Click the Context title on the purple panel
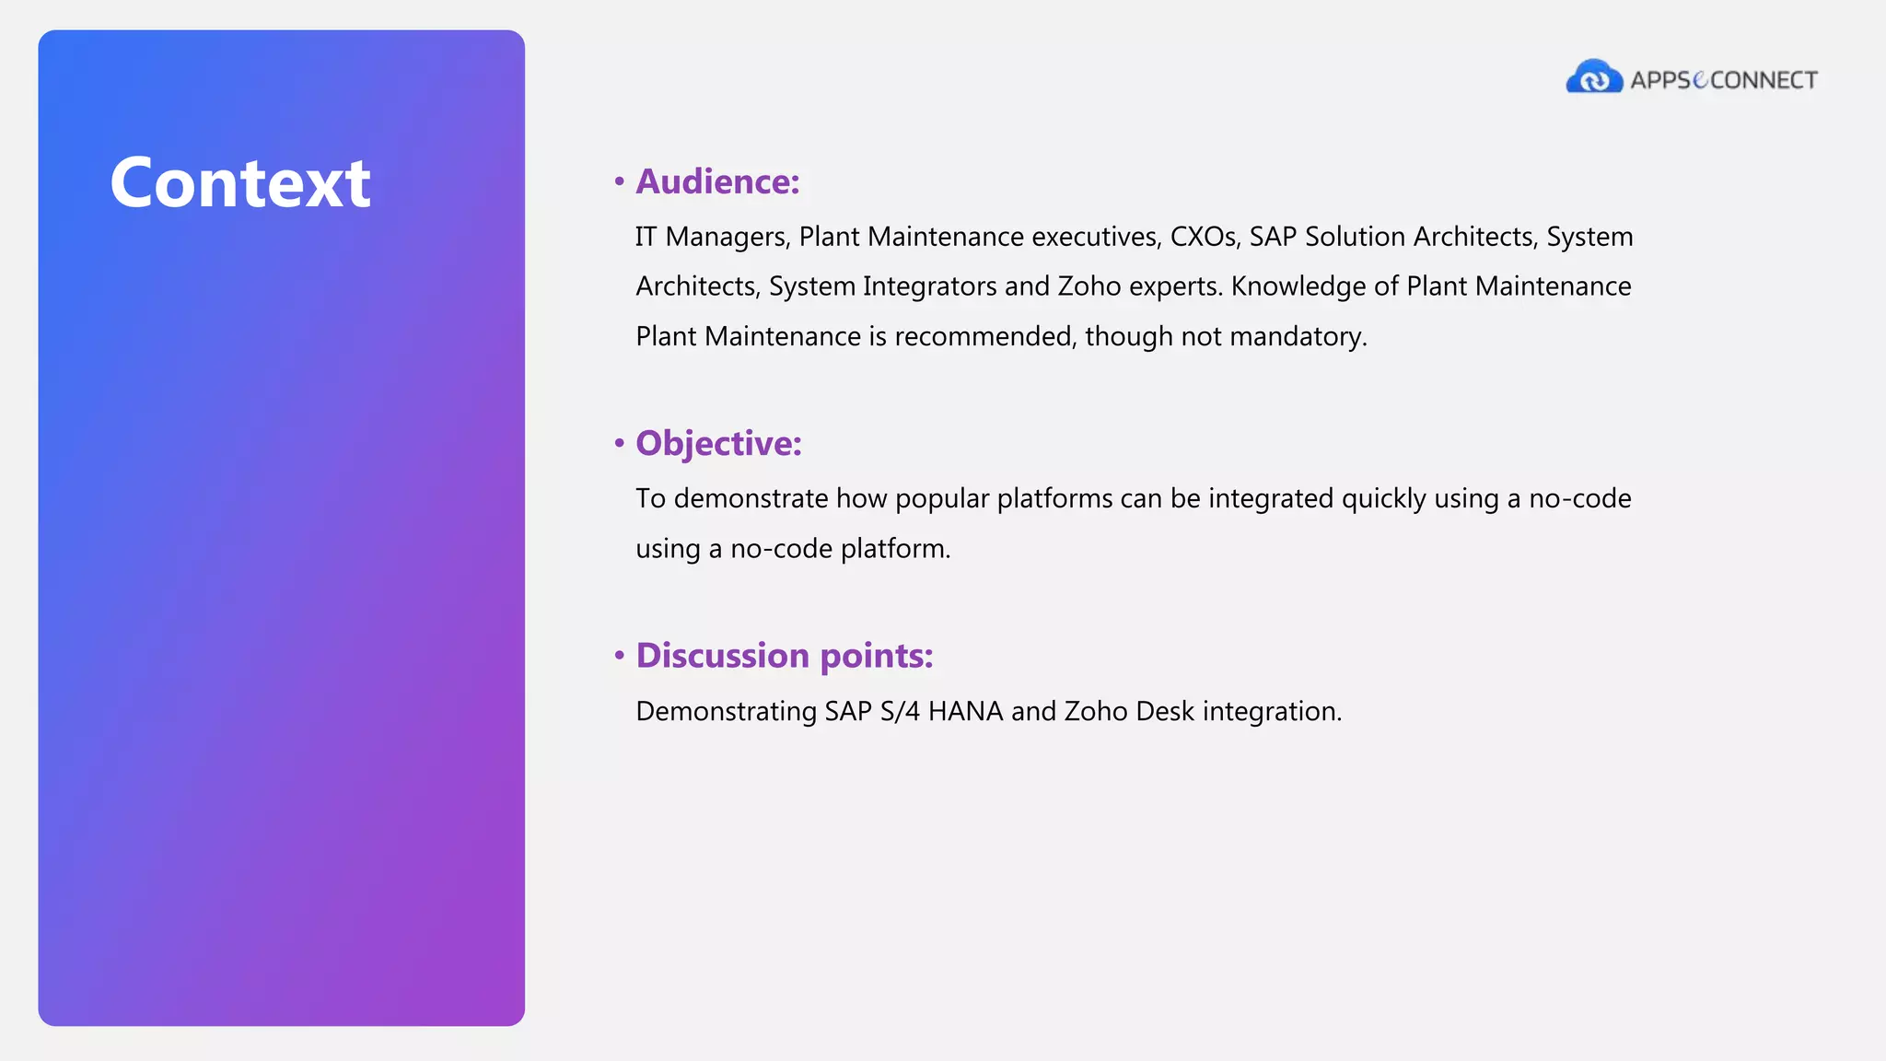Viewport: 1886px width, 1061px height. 239,183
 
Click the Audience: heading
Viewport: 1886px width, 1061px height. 717,181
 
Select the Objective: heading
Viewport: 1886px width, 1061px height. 718,443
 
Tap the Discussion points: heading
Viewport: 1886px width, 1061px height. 784,656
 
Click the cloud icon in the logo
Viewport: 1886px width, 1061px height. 1594,77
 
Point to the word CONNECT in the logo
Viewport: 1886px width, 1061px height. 1764,80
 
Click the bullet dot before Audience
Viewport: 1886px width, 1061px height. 620,181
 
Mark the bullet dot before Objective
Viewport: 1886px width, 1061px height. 620,444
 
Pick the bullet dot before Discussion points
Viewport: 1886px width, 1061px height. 620,656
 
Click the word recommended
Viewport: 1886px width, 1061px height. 984,336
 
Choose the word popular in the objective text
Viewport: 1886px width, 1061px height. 942,498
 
